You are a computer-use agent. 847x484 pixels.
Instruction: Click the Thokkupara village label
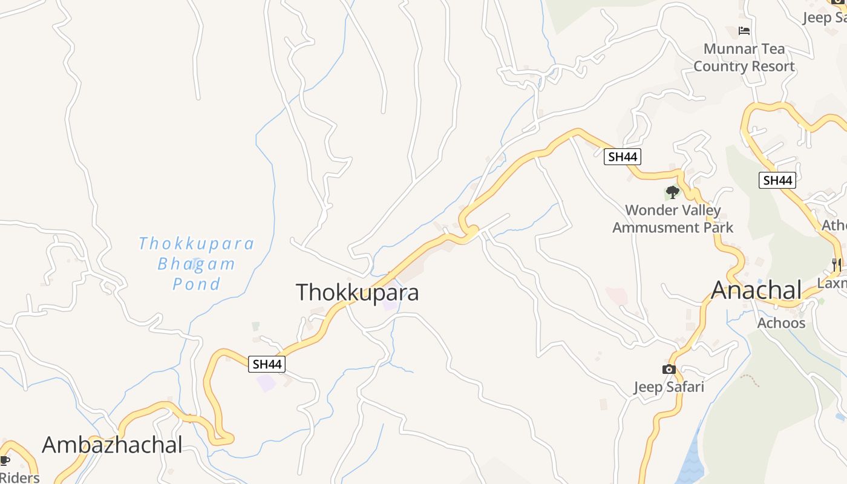pyautogui.click(x=357, y=292)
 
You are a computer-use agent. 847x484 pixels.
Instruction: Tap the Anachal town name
pyautogui.click(x=756, y=290)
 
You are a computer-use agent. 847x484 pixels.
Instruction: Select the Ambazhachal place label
pyautogui.click(x=112, y=445)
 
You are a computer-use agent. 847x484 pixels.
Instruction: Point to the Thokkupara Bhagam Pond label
pyautogui.click(x=197, y=264)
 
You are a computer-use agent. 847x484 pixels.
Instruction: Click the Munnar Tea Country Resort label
pyautogui.click(x=744, y=57)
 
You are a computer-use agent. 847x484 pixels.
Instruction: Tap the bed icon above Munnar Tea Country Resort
pyautogui.click(x=744, y=31)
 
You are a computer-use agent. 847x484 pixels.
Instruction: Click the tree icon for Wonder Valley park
pyautogui.click(x=672, y=193)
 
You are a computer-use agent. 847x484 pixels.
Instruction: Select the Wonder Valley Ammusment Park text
pyautogui.click(x=673, y=219)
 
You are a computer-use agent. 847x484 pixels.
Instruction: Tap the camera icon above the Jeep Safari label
pyautogui.click(x=669, y=369)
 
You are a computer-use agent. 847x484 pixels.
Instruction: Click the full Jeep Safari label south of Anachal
pyautogui.click(x=669, y=387)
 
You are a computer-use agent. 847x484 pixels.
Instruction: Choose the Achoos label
pyautogui.click(x=781, y=322)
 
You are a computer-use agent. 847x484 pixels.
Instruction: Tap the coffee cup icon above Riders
pyautogui.click(x=5, y=461)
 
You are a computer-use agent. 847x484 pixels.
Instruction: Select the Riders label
pyautogui.click(x=19, y=478)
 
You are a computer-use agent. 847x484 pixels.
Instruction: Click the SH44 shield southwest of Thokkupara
pyautogui.click(x=267, y=364)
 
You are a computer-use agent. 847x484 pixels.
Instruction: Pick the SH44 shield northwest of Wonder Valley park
pyautogui.click(x=622, y=157)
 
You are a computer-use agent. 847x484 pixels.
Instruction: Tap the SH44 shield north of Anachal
pyautogui.click(x=777, y=180)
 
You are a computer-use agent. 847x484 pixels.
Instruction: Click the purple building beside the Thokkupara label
pyautogui.click(x=390, y=302)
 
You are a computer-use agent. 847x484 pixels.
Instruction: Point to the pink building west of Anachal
pyautogui.click(x=616, y=296)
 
